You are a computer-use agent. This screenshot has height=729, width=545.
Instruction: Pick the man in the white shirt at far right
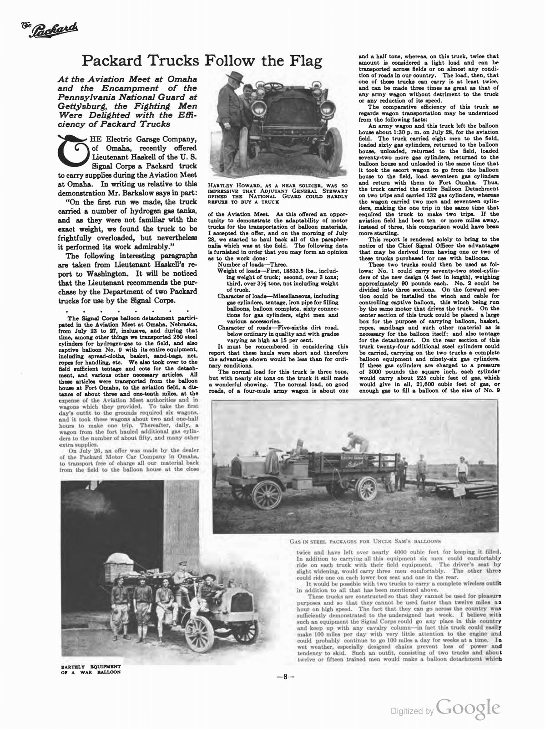coord(463,469)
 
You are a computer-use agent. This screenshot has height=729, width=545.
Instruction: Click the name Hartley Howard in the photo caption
coord(231,185)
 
